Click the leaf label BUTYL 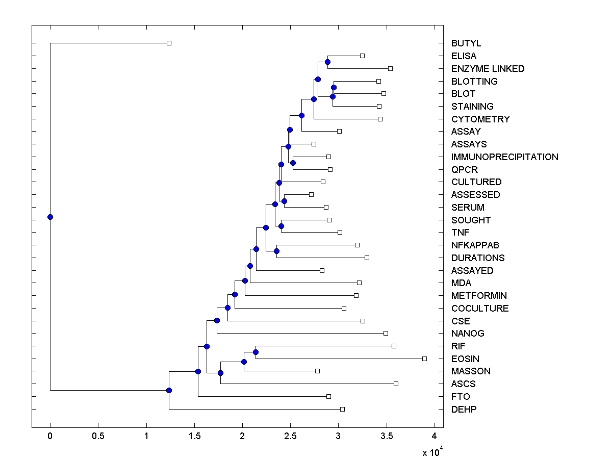click(x=466, y=43)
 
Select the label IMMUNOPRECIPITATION click(x=504, y=157)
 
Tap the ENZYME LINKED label click(x=488, y=69)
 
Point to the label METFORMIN click(x=479, y=296)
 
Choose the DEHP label click(x=464, y=410)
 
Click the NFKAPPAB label click(x=475, y=245)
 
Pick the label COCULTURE click(x=480, y=309)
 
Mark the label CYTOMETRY click(x=480, y=119)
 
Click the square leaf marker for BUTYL click(x=169, y=43)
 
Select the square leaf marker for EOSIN click(x=424, y=359)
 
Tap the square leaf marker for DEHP click(x=342, y=409)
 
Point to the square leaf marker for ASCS click(x=396, y=384)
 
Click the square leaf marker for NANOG click(x=386, y=333)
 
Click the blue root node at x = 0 click(x=50, y=217)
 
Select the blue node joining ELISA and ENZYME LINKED click(x=327, y=62)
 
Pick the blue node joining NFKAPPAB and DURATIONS click(x=276, y=251)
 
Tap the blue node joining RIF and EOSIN click(x=256, y=352)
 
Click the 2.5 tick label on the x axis click(x=290, y=436)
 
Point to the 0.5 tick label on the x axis click(x=98, y=436)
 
